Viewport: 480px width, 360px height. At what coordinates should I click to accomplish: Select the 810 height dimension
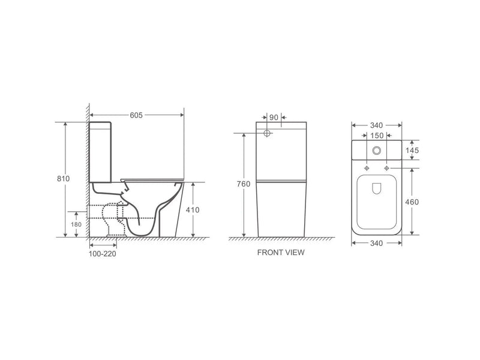64,179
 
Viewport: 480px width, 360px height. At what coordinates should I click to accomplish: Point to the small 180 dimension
76,224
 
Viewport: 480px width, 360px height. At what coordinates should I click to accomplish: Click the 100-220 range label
101,254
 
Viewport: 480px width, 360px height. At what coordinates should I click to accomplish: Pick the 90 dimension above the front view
273,118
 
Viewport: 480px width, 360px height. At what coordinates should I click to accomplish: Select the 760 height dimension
244,184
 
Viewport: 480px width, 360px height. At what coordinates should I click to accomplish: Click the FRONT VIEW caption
280,253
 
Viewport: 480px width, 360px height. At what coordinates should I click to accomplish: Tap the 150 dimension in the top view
376,136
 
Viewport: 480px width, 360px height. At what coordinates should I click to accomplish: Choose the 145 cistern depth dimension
412,150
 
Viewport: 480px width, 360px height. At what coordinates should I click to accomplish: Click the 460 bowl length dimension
412,202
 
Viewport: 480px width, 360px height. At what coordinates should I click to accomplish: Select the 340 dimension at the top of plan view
376,125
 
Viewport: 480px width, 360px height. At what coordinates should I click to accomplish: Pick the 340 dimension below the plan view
376,243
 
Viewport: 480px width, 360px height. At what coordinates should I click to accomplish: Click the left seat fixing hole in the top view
366,167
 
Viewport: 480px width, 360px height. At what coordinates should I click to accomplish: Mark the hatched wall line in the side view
87,174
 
